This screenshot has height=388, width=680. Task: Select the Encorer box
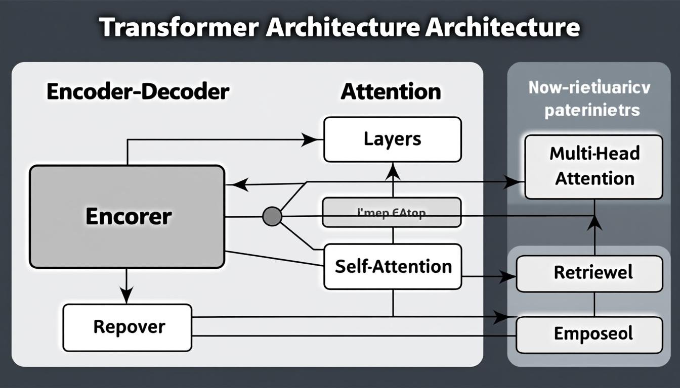[127, 216]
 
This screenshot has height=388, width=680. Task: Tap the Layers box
[392, 139]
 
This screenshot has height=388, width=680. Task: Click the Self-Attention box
[393, 266]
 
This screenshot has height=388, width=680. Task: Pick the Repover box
[127, 327]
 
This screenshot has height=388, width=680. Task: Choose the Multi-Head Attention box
[593, 166]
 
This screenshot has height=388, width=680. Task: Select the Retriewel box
[589, 273]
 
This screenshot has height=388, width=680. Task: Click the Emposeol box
[589, 334]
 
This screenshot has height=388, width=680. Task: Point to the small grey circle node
[272, 216]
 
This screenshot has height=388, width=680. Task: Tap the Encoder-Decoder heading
[138, 92]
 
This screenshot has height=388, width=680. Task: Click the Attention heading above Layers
[391, 92]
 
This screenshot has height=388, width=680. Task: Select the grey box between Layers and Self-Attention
[392, 212]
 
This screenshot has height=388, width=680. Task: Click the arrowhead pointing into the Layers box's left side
[310, 139]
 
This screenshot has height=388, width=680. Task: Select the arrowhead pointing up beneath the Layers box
[393, 173]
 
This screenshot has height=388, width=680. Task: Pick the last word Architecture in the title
[502, 27]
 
